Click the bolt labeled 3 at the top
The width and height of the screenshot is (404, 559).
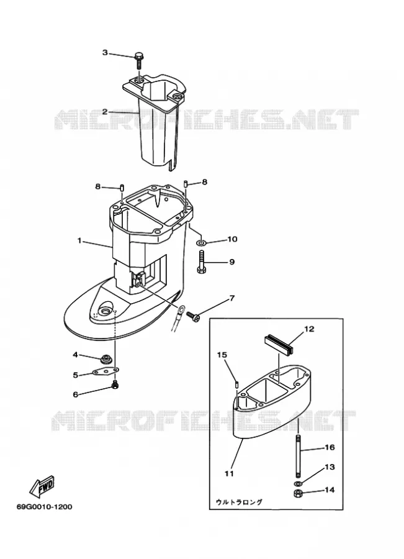click(138, 61)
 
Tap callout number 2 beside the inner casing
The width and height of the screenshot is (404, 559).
click(105, 112)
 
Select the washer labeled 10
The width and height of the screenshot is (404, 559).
click(201, 243)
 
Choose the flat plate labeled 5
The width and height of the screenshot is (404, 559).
click(105, 371)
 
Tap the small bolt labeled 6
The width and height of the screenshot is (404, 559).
click(115, 384)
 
